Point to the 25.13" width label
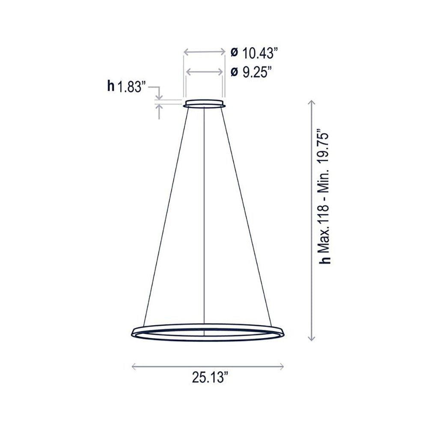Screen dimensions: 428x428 click(x=210, y=378)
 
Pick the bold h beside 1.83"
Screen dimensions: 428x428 click(x=111, y=87)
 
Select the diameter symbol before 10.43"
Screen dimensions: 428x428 click(x=234, y=53)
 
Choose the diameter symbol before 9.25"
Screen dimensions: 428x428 click(x=234, y=72)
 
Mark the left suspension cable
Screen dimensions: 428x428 click(x=165, y=214)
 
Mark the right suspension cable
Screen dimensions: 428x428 click(x=247, y=214)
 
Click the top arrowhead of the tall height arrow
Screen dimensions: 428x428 click(x=312, y=102)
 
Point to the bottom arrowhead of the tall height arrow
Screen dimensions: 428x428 click(x=312, y=338)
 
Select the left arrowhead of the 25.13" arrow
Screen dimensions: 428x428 click(x=134, y=366)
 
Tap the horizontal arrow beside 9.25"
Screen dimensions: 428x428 click(x=205, y=72)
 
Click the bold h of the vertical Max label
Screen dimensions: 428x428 click(x=327, y=259)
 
